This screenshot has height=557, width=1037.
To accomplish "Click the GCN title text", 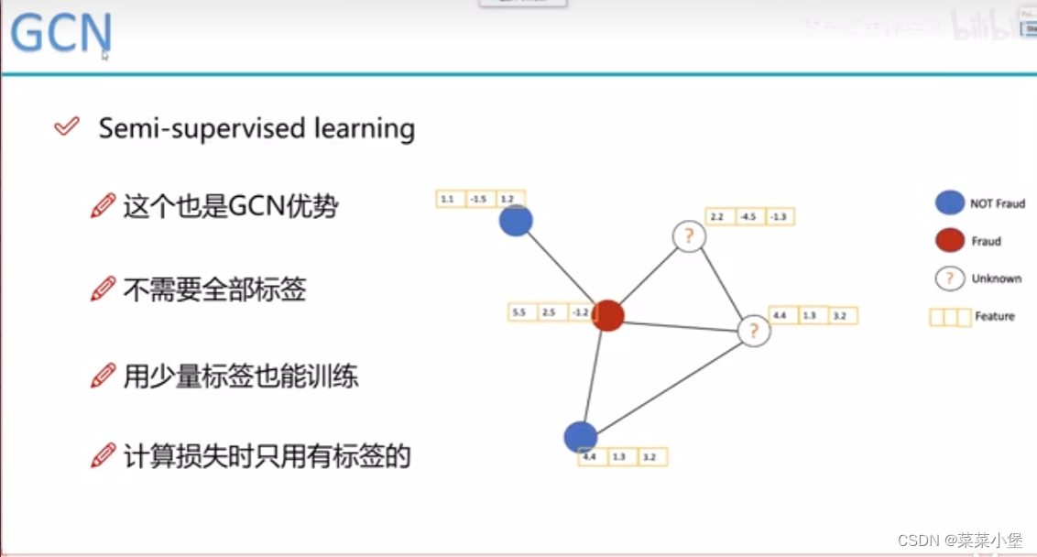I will (x=60, y=33).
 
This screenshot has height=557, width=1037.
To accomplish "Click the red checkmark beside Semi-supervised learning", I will (x=67, y=126).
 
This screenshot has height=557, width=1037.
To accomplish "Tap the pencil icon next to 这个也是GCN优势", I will (x=104, y=206).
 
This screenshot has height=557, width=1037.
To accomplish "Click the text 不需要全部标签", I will (x=214, y=291).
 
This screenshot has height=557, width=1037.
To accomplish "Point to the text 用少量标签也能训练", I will (x=240, y=376).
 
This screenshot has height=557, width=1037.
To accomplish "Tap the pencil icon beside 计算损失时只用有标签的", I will (x=104, y=455).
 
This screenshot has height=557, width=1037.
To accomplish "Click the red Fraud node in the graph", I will (x=607, y=316).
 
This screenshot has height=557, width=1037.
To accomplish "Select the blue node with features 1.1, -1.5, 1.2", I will (x=516, y=221).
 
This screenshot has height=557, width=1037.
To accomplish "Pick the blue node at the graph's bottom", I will (x=581, y=438).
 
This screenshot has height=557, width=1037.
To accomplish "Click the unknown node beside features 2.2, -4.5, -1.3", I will (x=689, y=236).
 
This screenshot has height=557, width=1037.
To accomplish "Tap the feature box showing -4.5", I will (x=748, y=217).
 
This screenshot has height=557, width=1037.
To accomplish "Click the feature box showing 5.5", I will (x=519, y=312).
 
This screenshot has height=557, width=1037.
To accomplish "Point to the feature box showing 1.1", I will (x=448, y=199).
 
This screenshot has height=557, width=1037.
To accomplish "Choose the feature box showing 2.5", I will (x=549, y=312).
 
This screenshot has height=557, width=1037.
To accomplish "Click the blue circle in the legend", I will (x=950, y=203).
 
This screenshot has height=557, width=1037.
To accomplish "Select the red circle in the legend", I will (x=950, y=241).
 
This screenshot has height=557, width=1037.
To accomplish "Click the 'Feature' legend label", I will (x=995, y=317).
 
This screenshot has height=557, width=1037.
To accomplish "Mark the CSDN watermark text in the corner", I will (x=958, y=541).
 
